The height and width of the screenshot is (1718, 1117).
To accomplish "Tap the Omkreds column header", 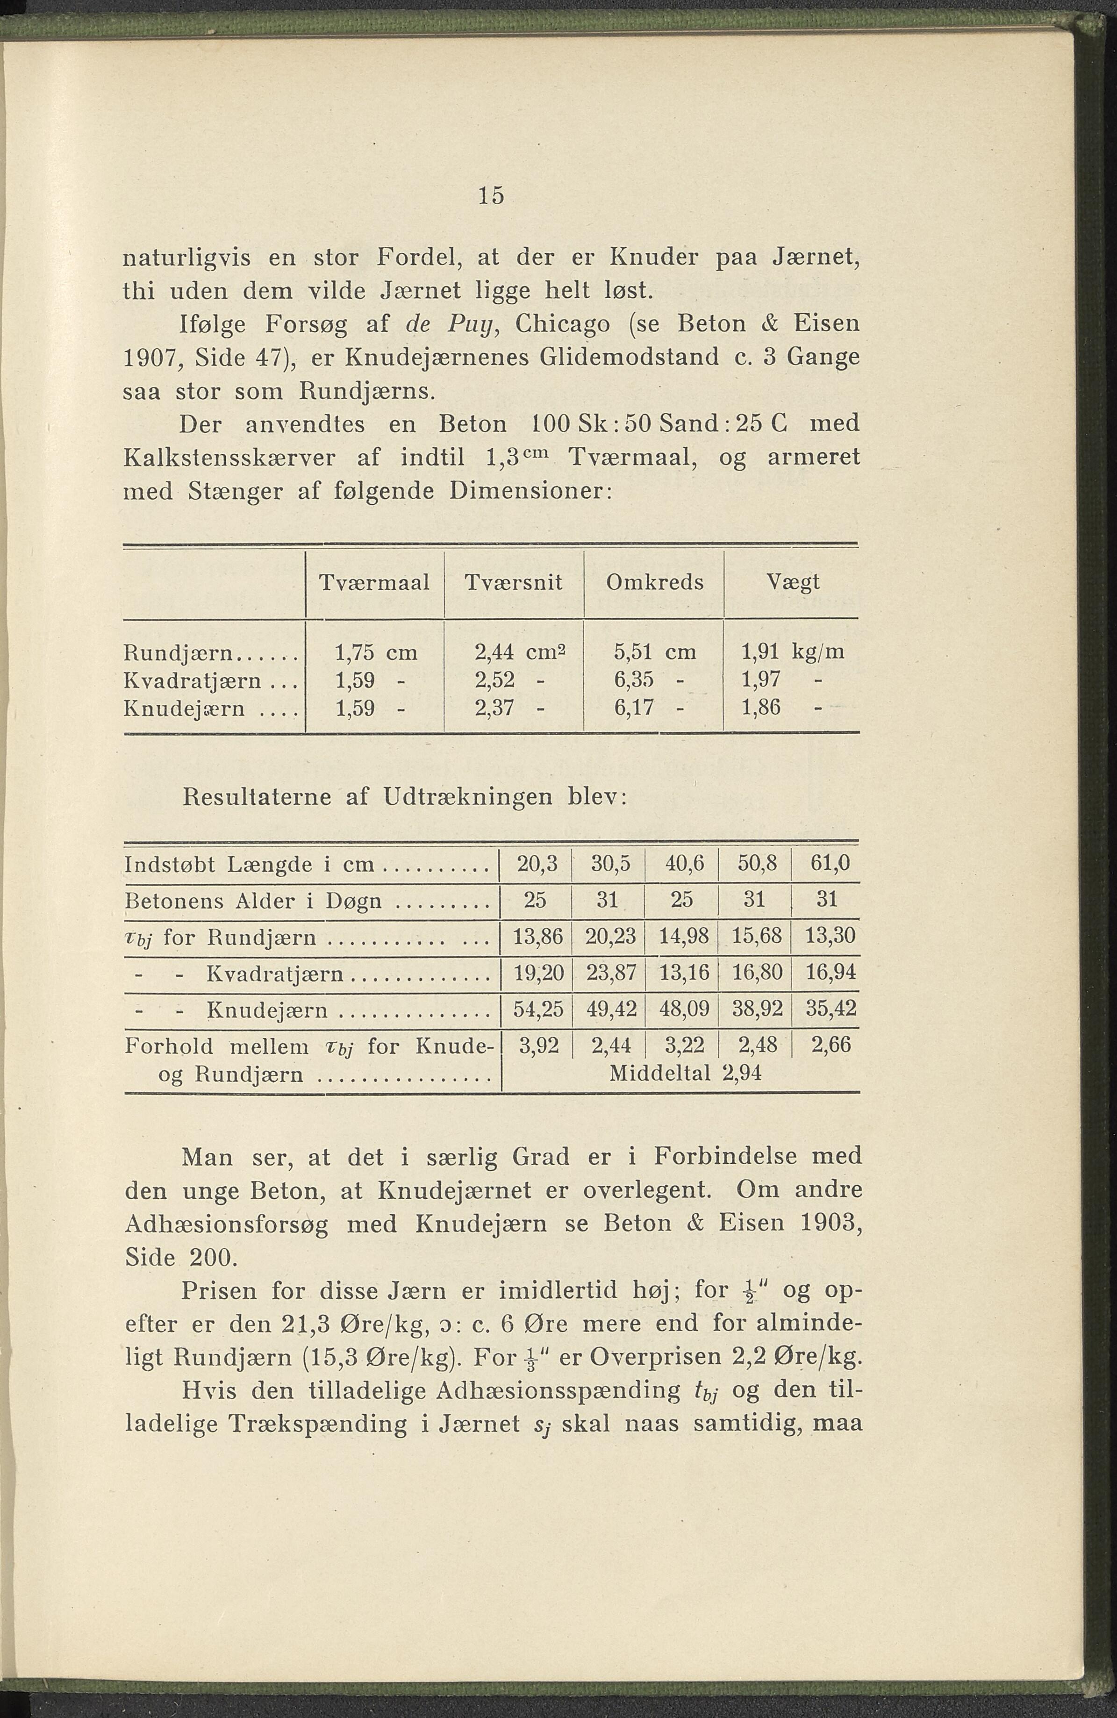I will click(x=654, y=582).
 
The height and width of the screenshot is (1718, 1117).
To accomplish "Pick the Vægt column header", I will click(x=793, y=582).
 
